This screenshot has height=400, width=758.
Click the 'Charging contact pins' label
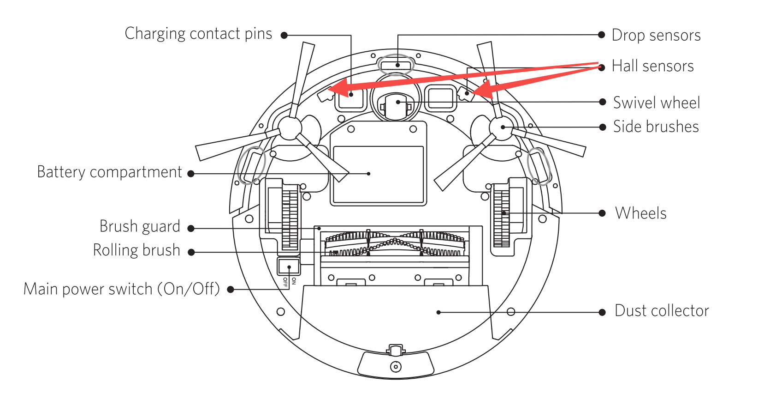(x=198, y=34)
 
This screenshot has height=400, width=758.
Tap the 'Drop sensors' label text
(x=656, y=35)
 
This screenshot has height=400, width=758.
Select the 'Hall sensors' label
(x=652, y=66)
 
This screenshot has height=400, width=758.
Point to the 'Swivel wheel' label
(x=656, y=103)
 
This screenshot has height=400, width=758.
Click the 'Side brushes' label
(x=656, y=127)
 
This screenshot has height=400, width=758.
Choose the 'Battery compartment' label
(x=110, y=172)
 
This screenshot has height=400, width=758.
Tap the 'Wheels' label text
(x=640, y=213)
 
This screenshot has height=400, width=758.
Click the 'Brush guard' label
(x=140, y=226)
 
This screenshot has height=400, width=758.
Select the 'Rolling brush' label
(x=136, y=250)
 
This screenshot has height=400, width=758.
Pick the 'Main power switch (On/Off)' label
(x=122, y=289)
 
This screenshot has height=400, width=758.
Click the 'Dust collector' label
(x=662, y=311)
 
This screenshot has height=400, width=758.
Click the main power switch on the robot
(x=289, y=267)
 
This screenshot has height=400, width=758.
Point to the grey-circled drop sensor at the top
(x=396, y=65)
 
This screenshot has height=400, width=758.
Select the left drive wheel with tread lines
(x=290, y=218)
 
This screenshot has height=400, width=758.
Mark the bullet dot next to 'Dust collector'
(x=602, y=312)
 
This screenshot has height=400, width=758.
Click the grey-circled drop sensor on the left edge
(x=251, y=165)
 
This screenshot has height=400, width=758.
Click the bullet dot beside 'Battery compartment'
(x=191, y=174)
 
